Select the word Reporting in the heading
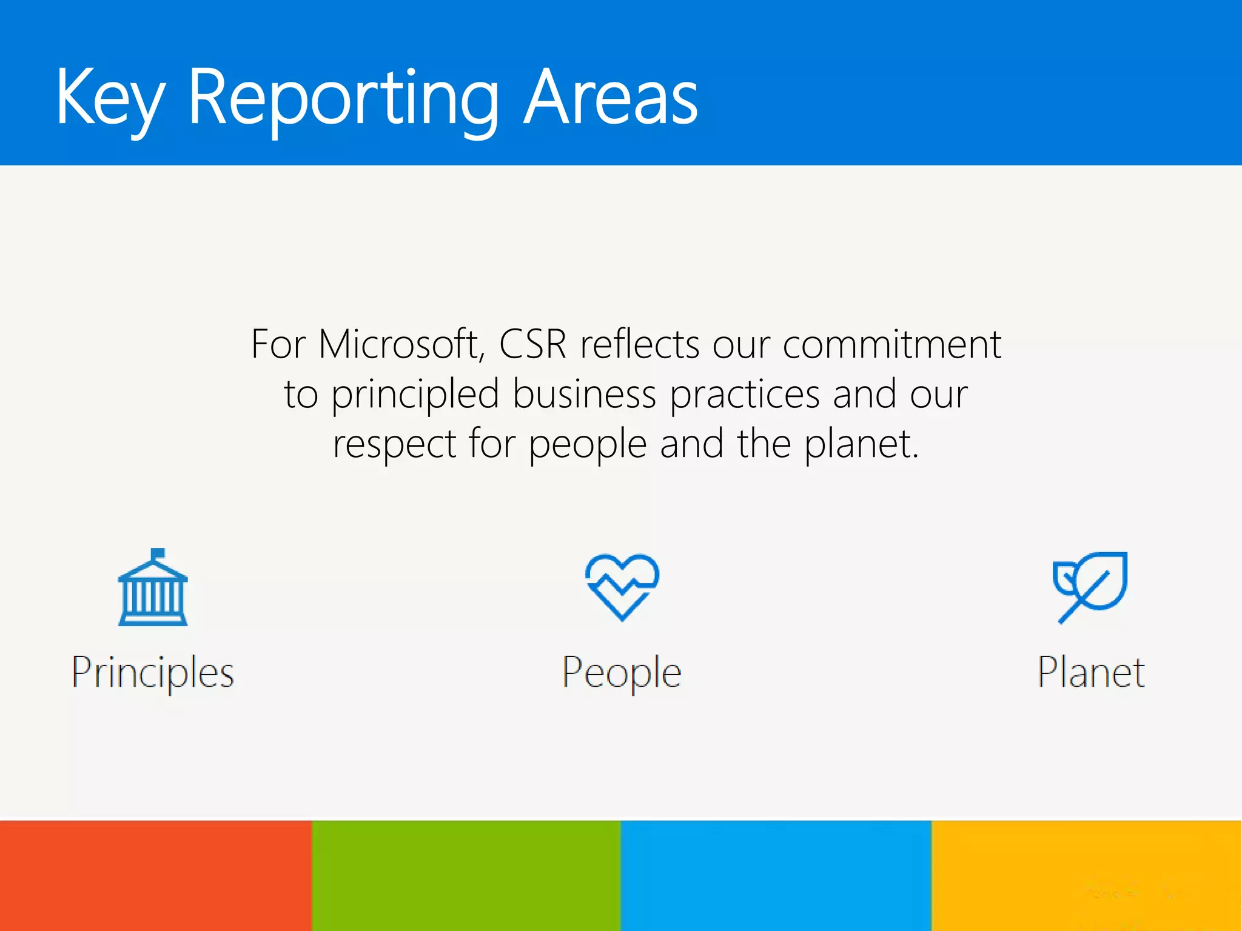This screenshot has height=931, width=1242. [343, 98]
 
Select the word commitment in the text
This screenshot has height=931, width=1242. [891, 344]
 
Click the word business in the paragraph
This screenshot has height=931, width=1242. [584, 395]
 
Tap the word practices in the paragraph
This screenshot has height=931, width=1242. [745, 395]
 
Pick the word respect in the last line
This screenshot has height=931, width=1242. [394, 444]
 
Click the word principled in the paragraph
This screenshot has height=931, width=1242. [415, 395]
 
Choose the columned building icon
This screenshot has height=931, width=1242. [153, 588]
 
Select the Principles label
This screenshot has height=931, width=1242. [153, 673]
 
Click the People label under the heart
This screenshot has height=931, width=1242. [622, 673]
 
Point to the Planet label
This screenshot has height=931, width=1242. [1091, 673]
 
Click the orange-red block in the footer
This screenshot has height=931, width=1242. [155, 876]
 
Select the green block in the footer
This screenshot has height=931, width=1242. [466, 876]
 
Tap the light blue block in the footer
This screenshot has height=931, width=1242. [776, 876]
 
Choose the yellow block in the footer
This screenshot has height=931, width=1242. [1087, 876]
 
